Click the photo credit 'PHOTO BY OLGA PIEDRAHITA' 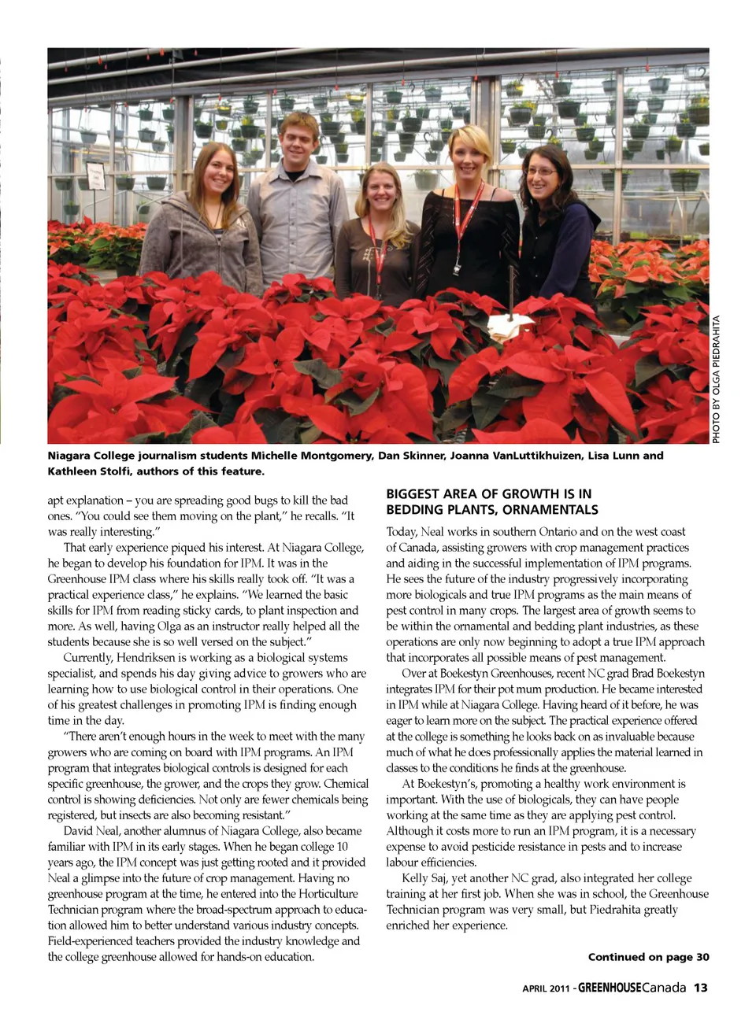(717, 379)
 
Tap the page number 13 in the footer (701, 988)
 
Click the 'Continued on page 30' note (648, 957)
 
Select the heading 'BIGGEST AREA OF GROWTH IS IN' (488, 494)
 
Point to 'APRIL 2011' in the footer (547, 989)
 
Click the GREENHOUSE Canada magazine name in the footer (632, 988)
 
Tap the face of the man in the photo (298, 138)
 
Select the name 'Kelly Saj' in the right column (426, 878)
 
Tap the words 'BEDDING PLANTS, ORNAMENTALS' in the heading (491, 510)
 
